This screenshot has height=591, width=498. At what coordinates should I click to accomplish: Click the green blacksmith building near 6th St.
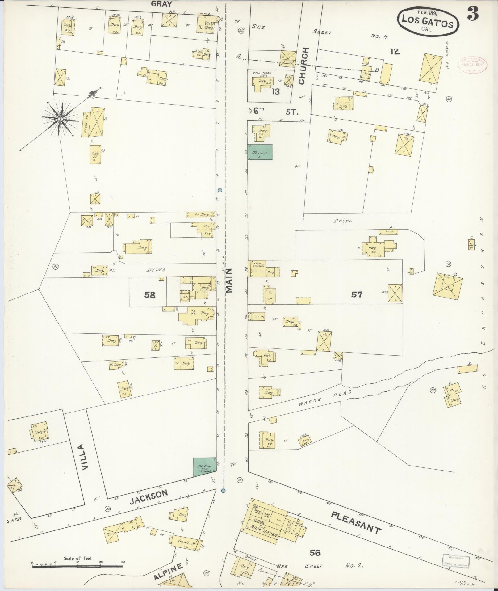(x=260, y=152)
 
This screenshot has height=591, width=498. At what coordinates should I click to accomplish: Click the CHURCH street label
(x=302, y=65)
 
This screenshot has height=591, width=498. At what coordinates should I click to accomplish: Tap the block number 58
(x=150, y=295)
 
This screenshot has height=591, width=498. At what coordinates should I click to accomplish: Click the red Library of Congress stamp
(x=472, y=65)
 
